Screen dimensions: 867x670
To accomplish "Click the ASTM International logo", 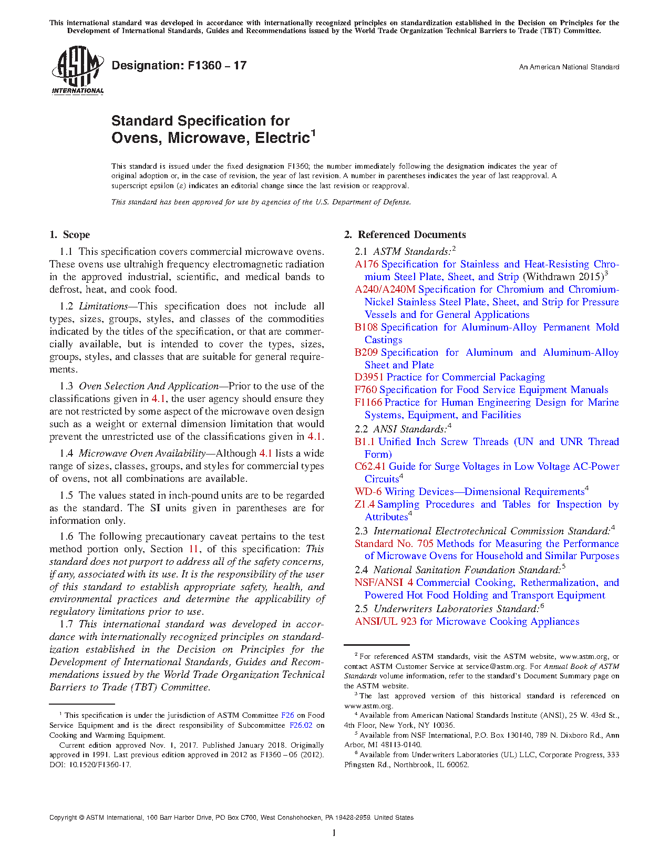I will coord(77,70).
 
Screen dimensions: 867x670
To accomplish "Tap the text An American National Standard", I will coord(569,67).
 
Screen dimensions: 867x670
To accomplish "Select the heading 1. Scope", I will coord(69,235).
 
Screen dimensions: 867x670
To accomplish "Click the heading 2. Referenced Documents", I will coord(405,235).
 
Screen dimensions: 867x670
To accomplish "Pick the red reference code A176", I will coord(366,264).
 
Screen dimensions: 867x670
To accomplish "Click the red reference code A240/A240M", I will coord(385,290).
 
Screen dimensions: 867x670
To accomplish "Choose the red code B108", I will coord(366,327).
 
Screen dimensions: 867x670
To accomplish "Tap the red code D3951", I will coord(369,377).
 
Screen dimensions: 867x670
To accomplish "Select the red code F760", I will coord(365,390).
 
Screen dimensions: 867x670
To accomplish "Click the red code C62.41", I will coord(370,467).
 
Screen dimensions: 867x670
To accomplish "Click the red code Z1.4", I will coord(364,504).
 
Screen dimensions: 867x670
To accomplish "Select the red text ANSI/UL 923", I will coord(385,622).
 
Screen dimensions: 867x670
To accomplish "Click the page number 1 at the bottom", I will coord(334,833).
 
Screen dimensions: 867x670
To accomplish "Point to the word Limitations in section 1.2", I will coord(104,306).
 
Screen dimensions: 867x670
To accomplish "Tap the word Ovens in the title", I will coord(135,138).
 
